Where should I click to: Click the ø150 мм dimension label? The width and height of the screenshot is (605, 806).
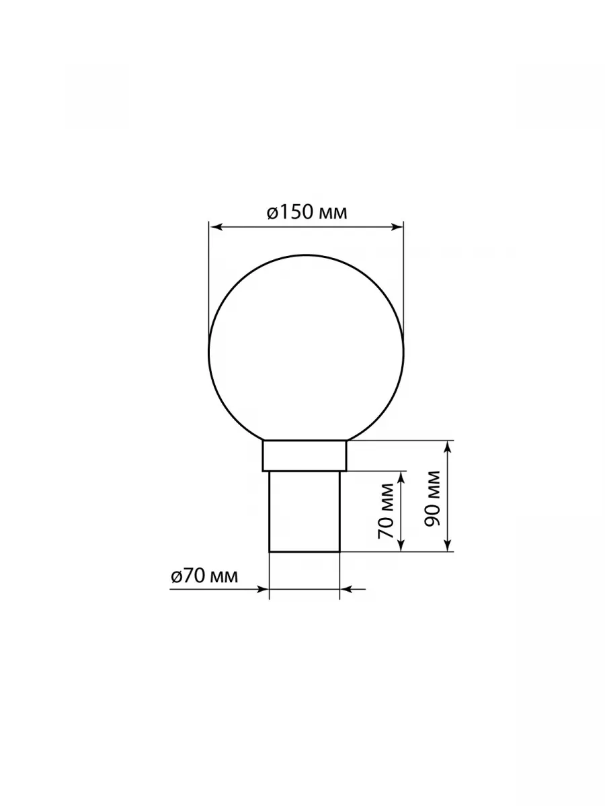[x=307, y=213]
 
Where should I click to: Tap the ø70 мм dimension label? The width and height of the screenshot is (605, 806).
[x=204, y=576]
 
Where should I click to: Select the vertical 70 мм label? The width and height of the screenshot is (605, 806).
[x=386, y=510]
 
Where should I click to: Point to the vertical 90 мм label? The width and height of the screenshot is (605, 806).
[x=432, y=498]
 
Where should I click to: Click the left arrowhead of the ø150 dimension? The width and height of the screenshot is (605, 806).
[x=215, y=227]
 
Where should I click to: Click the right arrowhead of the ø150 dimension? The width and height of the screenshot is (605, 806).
[x=397, y=227]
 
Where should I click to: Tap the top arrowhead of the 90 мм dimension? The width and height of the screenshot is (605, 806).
[x=448, y=447]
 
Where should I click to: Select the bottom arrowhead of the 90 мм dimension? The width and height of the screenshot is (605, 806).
[x=448, y=544]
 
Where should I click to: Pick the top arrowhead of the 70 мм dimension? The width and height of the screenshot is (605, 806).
[x=401, y=478]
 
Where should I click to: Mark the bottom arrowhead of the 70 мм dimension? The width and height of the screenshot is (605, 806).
[x=401, y=544]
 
